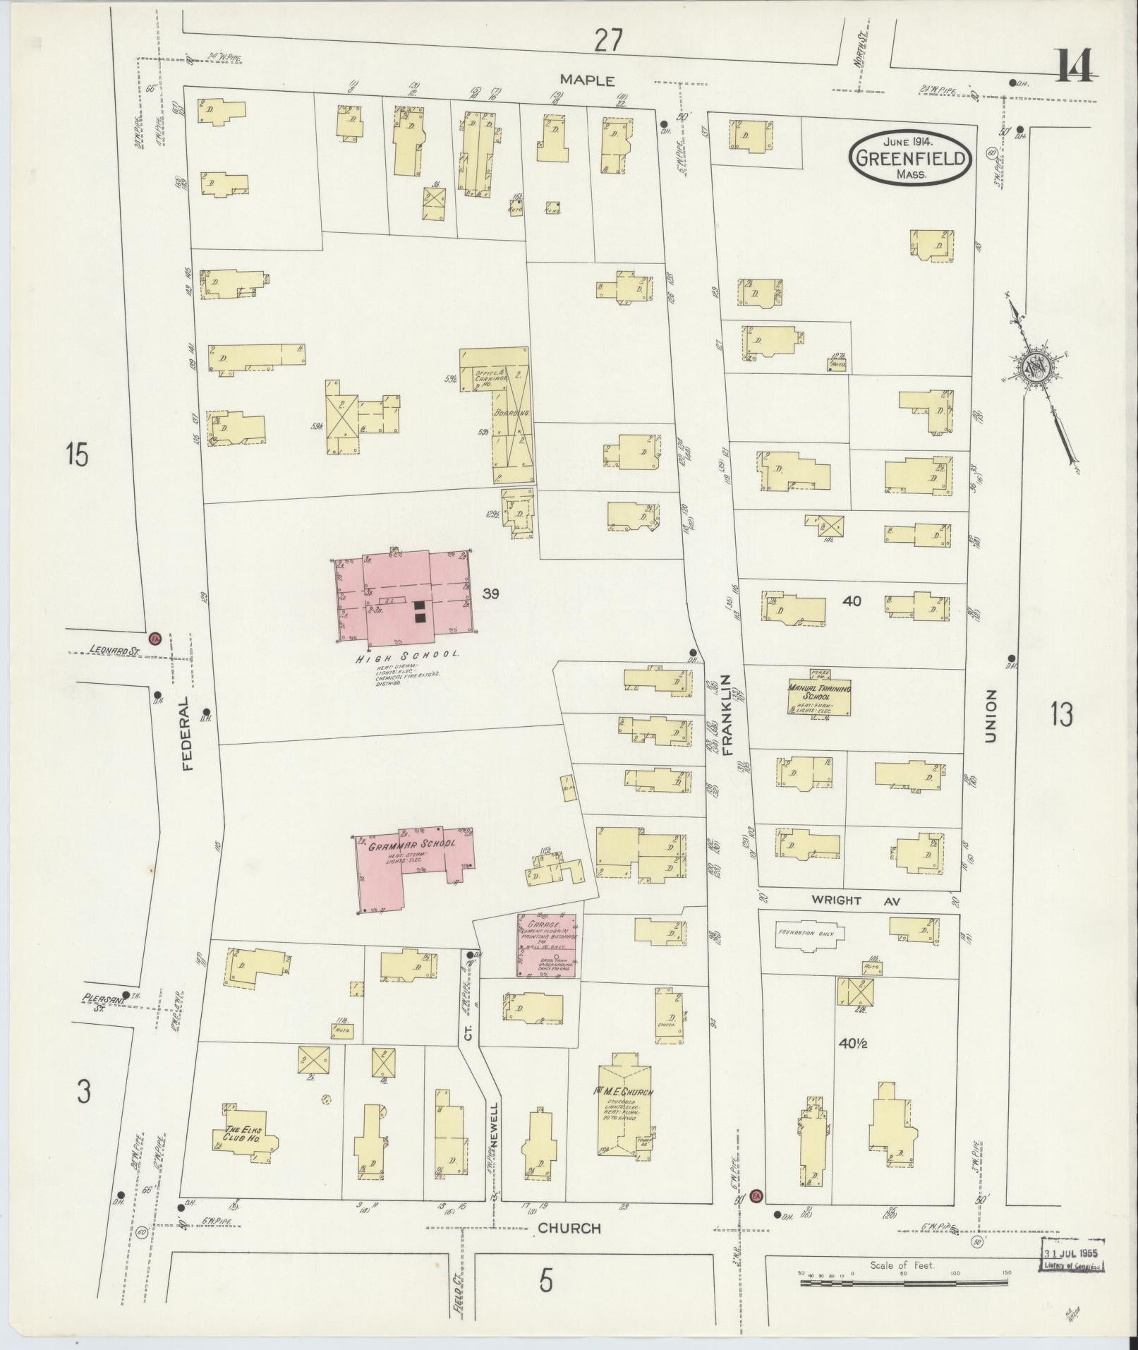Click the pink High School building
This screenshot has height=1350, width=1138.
point(406,596)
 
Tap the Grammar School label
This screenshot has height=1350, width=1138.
point(411,843)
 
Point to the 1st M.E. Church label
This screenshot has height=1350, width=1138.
point(624,1111)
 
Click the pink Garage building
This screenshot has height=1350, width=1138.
point(547,946)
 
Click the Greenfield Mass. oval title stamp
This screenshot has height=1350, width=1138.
point(910,158)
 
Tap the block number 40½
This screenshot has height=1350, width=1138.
point(852,1043)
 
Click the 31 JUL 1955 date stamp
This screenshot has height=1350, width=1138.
point(1071,1254)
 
